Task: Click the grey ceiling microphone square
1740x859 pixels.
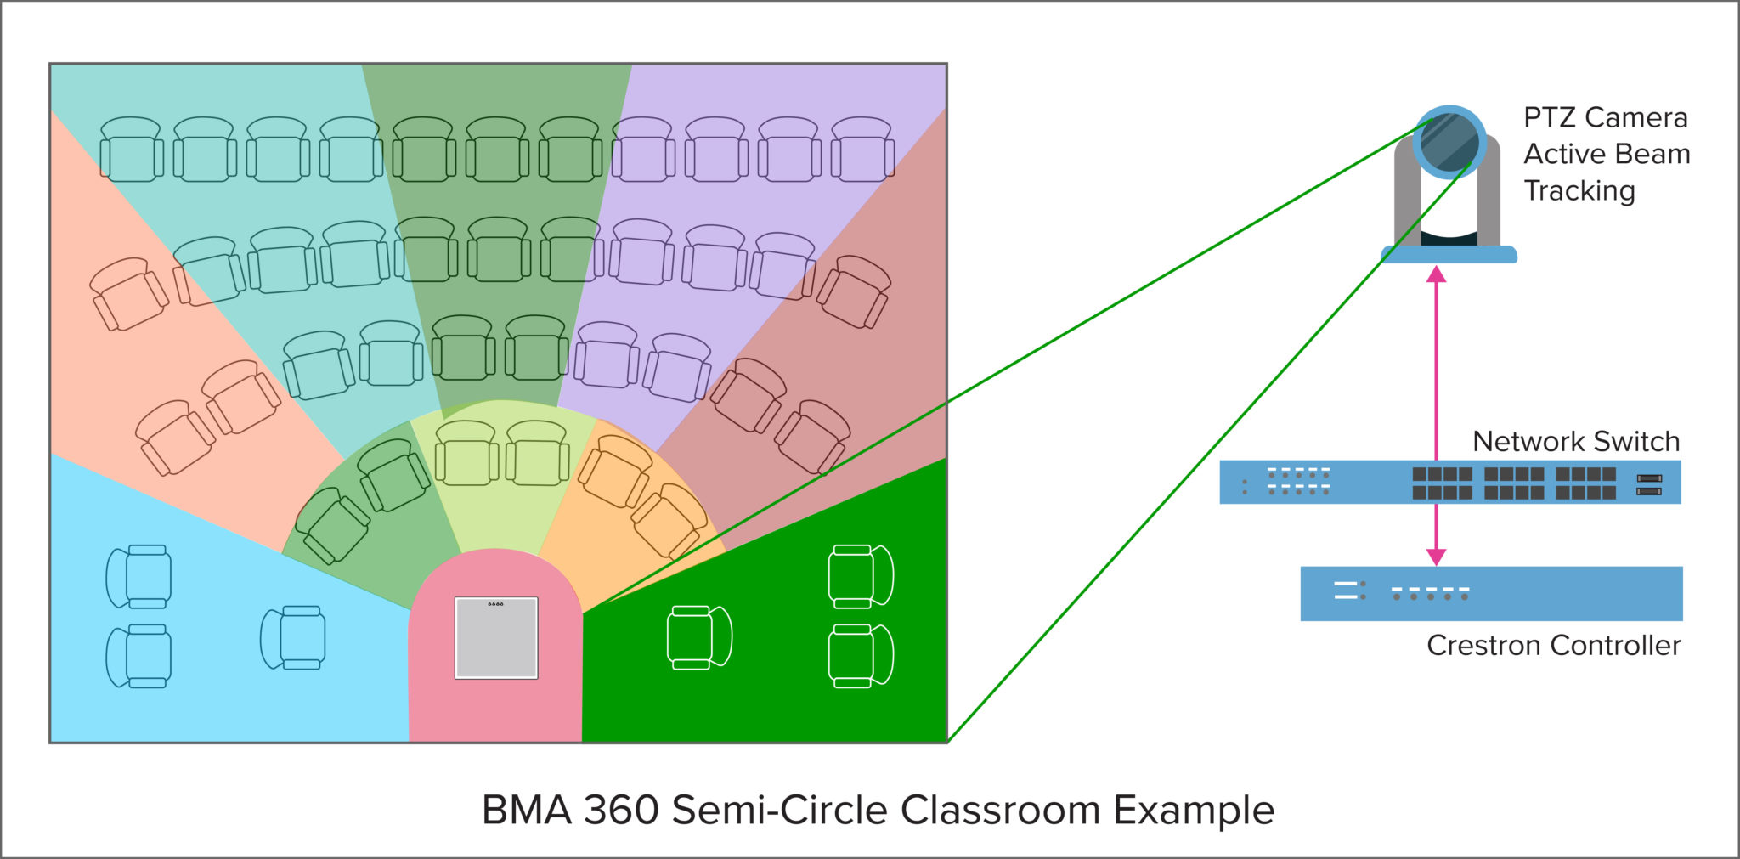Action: (x=496, y=638)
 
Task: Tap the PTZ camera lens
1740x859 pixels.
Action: (x=1449, y=142)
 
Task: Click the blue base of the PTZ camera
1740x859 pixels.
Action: (x=1449, y=254)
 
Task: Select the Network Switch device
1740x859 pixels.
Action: (x=1449, y=482)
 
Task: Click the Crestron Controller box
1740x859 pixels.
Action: (x=1491, y=593)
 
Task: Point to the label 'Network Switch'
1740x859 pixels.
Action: (x=1575, y=442)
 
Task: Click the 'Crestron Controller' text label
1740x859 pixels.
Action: (x=1553, y=646)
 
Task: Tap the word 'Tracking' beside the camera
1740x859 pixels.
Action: (x=1579, y=191)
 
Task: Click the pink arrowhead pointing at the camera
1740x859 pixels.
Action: (x=1436, y=274)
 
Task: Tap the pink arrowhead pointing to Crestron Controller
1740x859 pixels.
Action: (x=1436, y=556)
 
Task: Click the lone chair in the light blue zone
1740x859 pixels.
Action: (x=293, y=637)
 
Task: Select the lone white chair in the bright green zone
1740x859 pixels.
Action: (x=699, y=637)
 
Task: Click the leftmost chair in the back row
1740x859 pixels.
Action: (x=132, y=150)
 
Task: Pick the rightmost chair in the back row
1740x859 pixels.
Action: (x=862, y=150)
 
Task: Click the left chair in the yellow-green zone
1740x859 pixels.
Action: (x=465, y=454)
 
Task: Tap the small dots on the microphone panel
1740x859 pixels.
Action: (x=495, y=604)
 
